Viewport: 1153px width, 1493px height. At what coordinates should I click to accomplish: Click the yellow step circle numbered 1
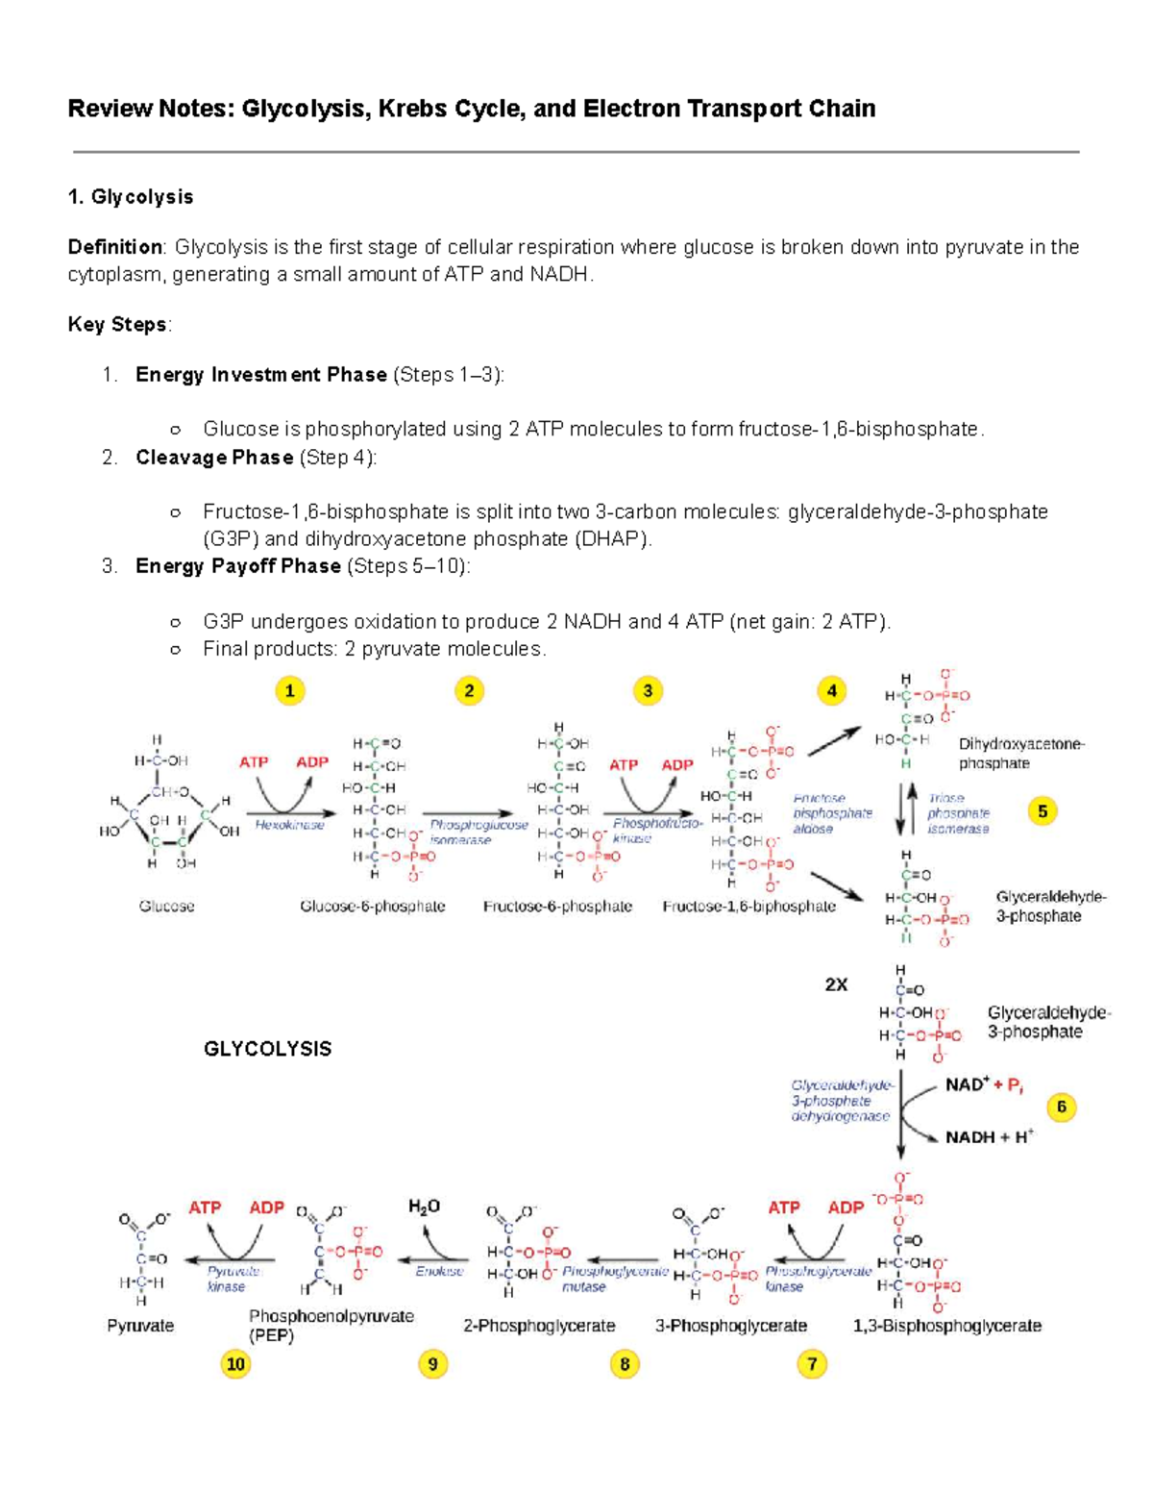point(290,690)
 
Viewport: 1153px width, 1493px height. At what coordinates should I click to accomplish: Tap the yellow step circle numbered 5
point(1043,811)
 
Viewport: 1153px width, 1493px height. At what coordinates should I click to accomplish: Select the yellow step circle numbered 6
point(1061,1107)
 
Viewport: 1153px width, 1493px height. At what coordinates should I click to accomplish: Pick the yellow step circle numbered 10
point(235,1363)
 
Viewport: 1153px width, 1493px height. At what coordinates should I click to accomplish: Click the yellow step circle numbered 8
point(625,1363)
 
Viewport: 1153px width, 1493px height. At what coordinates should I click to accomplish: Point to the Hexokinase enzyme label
point(289,825)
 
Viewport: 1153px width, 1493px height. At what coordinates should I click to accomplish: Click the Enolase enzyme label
point(439,1271)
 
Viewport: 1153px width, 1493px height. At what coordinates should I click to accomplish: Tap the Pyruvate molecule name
point(140,1326)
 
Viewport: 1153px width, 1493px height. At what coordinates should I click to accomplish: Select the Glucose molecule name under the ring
point(166,907)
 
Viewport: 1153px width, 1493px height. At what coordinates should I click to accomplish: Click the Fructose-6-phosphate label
point(557,907)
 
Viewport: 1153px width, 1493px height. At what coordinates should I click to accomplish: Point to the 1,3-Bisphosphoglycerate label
point(946,1326)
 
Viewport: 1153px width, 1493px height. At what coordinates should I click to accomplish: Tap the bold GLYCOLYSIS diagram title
point(267,1049)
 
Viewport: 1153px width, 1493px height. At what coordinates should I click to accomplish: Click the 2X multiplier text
point(836,984)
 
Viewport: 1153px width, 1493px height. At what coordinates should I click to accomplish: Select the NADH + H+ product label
point(989,1136)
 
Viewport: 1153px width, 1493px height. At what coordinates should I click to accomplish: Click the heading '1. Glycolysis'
point(130,197)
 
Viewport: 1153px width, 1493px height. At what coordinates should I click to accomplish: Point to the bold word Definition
point(115,247)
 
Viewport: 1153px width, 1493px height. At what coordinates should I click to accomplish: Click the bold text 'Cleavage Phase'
point(213,458)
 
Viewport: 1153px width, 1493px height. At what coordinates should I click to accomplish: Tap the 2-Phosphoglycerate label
point(539,1326)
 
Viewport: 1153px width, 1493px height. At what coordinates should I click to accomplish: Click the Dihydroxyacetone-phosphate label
point(1020,754)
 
